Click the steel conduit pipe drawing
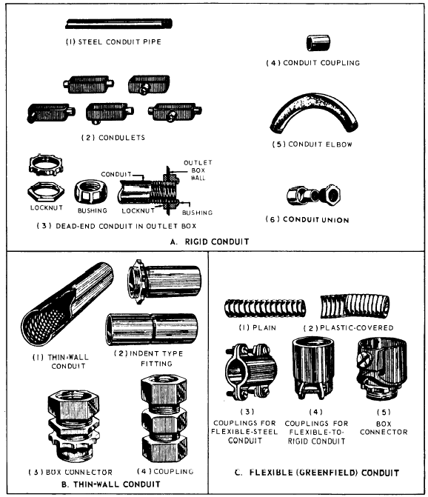click(118, 24)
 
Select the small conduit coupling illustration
click(318, 43)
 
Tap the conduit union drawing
click(314, 196)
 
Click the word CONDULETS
click(121, 138)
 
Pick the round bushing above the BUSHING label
click(91, 191)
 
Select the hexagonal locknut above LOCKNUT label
click(46, 192)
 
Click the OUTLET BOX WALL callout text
click(198, 170)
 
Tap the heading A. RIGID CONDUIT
click(210, 241)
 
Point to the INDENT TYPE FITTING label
click(149, 358)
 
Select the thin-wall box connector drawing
click(73, 427)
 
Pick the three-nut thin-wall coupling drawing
click(164, 418)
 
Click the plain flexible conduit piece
click(265, 308)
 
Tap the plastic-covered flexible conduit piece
click(355, 306)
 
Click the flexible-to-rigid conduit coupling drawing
click(313, 368)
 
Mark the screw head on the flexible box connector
click(362, 358)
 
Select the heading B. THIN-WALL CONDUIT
click(111, 484)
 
